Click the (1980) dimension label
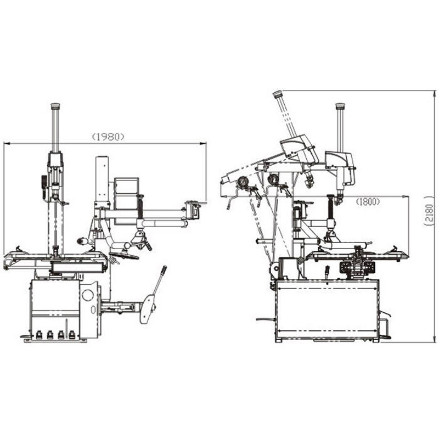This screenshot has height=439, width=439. [108, 137]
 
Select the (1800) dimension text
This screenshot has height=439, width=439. [368, 201]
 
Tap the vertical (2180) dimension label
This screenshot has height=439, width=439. [430, 211]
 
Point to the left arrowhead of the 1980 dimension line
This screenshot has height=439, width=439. [7, 144]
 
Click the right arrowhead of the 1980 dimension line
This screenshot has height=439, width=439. [202, 144]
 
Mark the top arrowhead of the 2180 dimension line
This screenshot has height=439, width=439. [434, 94]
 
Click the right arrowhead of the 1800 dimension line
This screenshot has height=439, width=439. [406, 196]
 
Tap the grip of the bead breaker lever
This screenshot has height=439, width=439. [163, 271]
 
